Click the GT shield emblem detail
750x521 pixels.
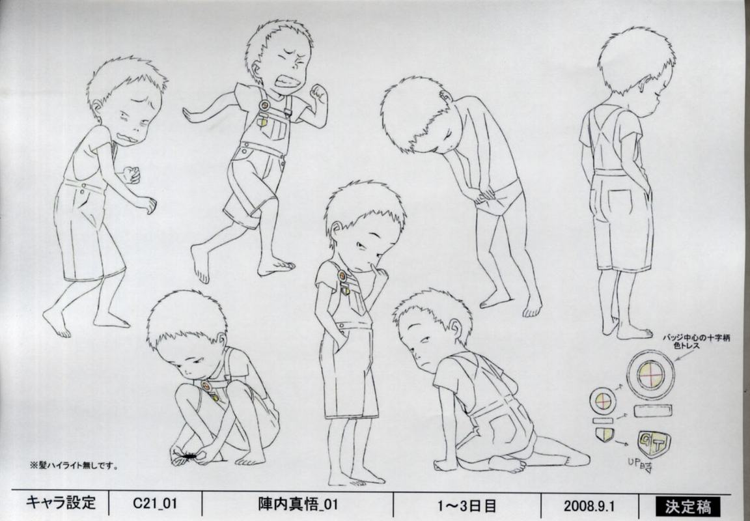[x=654, y=444]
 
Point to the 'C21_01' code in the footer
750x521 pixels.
[x=154, y=504]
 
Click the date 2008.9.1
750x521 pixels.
[x=589, y=505]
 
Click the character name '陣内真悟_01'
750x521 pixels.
[x=298, y=505]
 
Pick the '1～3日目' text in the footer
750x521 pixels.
[x=466, y=505]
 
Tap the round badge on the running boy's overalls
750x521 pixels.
[x=264, y=106]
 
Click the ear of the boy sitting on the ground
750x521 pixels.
[x=456, y=327]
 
